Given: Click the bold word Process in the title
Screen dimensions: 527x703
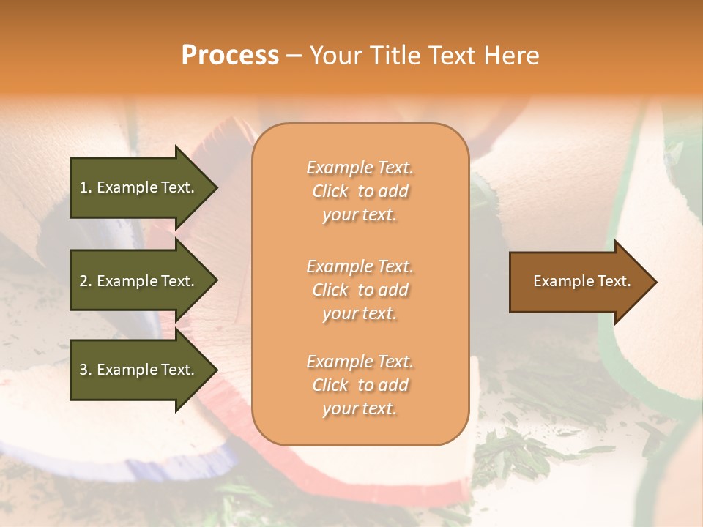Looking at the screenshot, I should (x=230, y=56).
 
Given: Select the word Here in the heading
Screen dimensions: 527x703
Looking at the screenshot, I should (x=513, y=56).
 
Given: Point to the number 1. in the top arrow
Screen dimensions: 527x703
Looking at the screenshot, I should (x=86, y=187).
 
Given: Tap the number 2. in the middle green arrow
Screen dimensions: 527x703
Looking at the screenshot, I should (x=86, y=281).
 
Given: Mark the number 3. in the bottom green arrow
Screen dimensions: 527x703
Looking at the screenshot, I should (x=86, y=370).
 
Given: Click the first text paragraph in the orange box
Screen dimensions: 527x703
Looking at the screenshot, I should (x=360, y=191).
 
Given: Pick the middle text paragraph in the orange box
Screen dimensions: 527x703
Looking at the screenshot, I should (x=360, y=290).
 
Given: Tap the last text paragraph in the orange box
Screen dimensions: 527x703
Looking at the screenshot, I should (x=360, y=385).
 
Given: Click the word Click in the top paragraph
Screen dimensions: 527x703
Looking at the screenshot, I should (x=330, y=191).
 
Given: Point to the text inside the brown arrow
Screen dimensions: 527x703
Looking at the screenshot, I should (x=581, y=281).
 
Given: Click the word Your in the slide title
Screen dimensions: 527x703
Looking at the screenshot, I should (x=335, y=56).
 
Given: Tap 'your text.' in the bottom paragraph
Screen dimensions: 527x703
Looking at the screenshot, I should (x=360, y=408).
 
